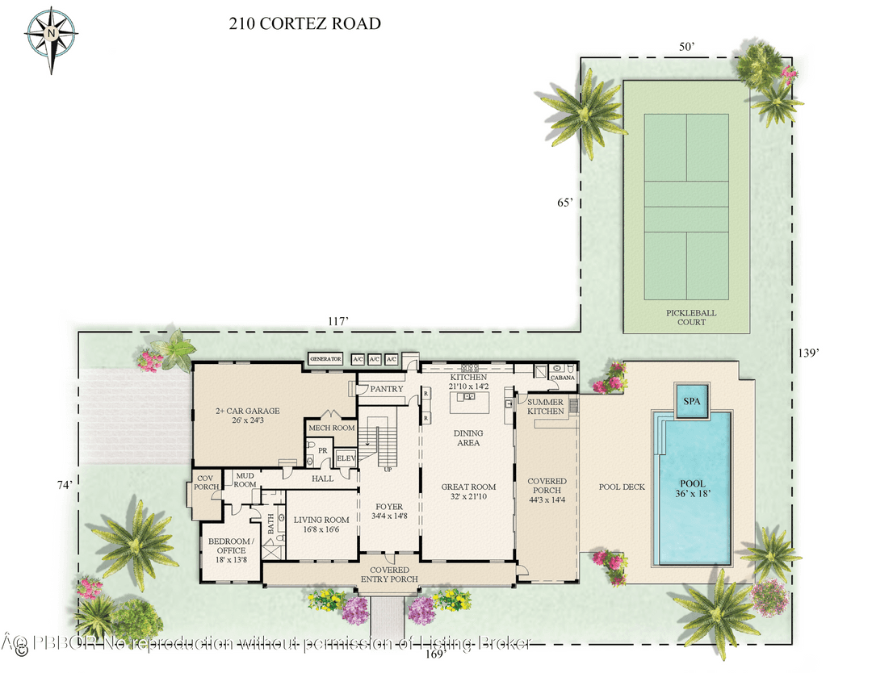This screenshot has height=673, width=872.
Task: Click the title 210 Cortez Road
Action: point(305,23)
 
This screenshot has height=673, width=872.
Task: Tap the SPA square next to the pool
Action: point(691,400)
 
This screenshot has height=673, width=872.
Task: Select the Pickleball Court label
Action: point(691,317)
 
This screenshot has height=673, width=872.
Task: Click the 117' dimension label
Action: point(337,321)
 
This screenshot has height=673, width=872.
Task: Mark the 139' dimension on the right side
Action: point(808,353)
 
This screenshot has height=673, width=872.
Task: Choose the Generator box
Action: point(325,359)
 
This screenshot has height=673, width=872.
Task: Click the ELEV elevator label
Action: point(346,458)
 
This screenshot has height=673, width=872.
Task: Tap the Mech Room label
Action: point(331,428)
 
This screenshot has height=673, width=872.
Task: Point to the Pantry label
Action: point(387,390)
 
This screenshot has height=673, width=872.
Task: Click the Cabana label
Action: point(562,377)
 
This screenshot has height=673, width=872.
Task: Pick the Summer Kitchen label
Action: point(546,406)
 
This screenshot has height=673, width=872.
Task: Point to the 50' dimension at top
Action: point(686,47)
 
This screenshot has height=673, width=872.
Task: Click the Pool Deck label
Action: point(622,487)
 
